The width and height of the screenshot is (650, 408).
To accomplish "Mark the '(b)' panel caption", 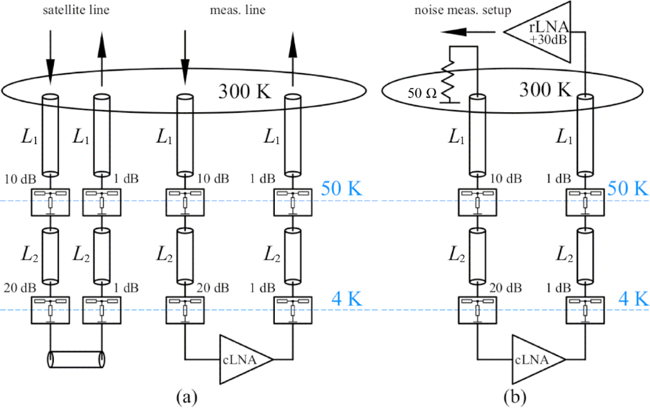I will pyautogui.click(x=514, y=397).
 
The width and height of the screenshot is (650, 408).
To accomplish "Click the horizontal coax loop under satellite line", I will pyautogui.click(x=75, y=359).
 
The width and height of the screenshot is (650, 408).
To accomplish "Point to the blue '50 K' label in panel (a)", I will pyautogui.click(x=342, y=188).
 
